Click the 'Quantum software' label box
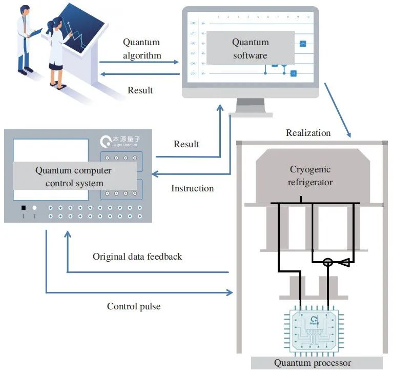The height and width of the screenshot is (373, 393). click(250, 49)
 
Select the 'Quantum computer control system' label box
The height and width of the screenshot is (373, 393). click(73, 176)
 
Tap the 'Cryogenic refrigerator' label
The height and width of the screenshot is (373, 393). click(310, 175)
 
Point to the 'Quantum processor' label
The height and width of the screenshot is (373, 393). click(313, 363)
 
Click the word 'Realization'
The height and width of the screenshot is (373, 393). click(308, 133)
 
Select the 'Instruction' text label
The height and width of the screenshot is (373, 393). click(192, 188)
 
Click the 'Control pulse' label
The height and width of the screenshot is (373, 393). click(134, 306)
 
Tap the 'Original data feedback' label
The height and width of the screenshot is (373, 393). click(137, 256)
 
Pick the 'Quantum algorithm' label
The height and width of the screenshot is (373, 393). click(141, 49)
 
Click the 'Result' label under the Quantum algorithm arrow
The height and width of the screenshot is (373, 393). click(140, 90)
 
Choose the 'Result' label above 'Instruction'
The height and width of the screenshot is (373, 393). click(186, 144)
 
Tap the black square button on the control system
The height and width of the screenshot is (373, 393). click(23, 208)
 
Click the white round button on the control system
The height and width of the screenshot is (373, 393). click(34, 208)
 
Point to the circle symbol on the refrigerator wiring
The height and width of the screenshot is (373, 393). click(327, 262)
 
